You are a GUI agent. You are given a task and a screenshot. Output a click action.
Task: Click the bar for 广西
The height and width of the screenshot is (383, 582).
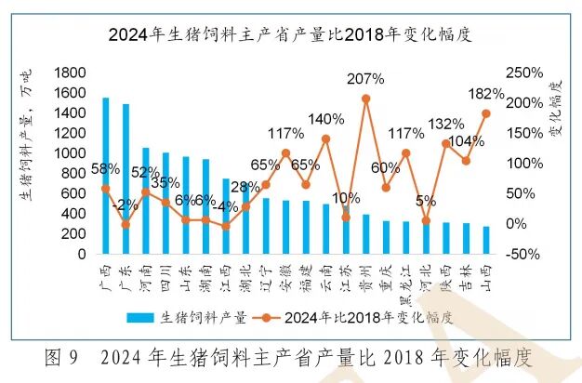pos(106,176)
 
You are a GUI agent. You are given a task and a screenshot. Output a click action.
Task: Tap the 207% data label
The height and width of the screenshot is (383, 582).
pos(365,79)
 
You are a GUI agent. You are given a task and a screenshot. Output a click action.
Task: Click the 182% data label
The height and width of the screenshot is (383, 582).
pos(485,94)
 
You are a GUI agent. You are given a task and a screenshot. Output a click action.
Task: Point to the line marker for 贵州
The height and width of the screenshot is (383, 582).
pos(365,99)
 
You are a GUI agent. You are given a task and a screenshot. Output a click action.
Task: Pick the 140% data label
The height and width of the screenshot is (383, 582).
pos(326,119)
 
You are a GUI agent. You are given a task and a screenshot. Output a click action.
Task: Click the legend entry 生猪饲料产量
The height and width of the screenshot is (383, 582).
pos(200,317)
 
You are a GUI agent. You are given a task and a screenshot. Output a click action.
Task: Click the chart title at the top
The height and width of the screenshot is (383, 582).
pos(291,36)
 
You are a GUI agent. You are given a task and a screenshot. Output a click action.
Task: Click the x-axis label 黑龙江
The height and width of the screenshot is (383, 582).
pos(404,279)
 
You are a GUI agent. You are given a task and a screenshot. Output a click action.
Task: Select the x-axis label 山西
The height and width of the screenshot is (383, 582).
pos(484,272)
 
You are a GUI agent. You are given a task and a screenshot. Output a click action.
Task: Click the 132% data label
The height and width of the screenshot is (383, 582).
pos(445,124)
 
